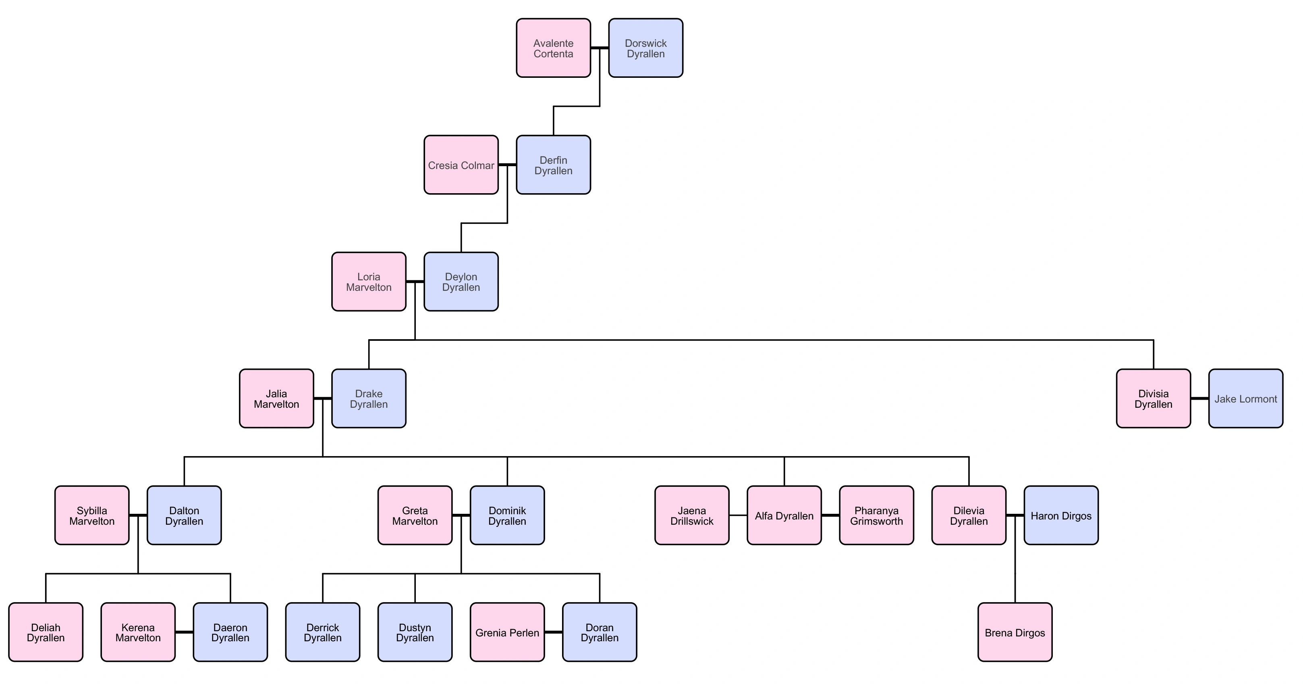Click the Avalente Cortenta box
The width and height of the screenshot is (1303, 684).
click(x=553, y=48)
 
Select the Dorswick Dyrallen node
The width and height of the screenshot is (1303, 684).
click(x=645, y=48)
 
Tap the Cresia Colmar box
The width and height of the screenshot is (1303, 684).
click(x=461, y=165)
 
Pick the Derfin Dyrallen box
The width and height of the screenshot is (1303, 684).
click(x=553, y=165)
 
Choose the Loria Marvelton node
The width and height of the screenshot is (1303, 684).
click(x=369, y=282)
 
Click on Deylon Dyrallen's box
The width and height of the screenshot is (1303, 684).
click(x=461, y=282)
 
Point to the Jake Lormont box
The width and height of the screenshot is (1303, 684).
click(x=1245, y=398)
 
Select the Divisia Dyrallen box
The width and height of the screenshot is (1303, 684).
click(x=1153, y=398)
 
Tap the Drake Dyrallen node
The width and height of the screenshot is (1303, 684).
click(x=369, y=398)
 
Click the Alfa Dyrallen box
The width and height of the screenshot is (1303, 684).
click(x=784, y=515)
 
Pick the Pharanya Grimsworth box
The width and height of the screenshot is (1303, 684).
click(x=876, y=515)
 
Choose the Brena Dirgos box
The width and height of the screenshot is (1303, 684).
click(x=1015, y=632)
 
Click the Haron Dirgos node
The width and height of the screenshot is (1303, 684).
click(x=1061, y=515)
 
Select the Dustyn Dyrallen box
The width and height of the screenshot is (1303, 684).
click(x=415, y=632)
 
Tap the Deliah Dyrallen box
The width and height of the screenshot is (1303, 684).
click(x=46, y=632)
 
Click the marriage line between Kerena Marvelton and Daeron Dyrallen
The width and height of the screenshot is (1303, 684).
click(x=184, y=632)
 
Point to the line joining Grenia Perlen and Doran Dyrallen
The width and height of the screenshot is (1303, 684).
click(x=553, y=632)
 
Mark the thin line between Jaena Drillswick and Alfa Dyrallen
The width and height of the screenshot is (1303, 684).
click(x=738, y=515)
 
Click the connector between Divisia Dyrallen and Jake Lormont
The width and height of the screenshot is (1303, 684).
click(x=1199, y=398)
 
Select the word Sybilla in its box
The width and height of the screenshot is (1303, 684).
click(x=91, y=510)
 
